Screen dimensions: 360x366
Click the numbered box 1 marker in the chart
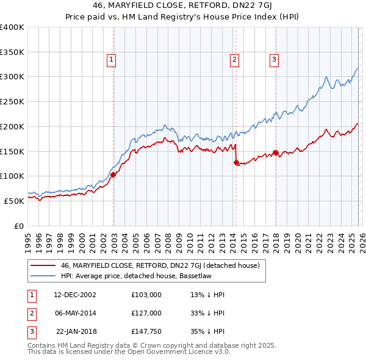click(x=113, y=60)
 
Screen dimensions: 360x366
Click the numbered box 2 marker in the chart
click(x=235, y=60)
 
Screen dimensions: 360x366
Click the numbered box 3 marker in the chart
click(x=274, y=60)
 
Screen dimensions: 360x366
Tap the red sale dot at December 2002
click(x=113, y=175)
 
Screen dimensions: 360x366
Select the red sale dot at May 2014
click(x=236, y=162)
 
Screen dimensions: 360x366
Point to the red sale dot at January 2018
click(x=276, y=152)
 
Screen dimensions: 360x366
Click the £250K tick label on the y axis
click(x=12, y=102)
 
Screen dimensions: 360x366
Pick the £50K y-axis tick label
click(x=14, y=201)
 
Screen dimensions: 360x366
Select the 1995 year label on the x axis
click(x=28, y=239)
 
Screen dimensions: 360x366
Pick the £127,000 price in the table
click(x=146, y=313)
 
